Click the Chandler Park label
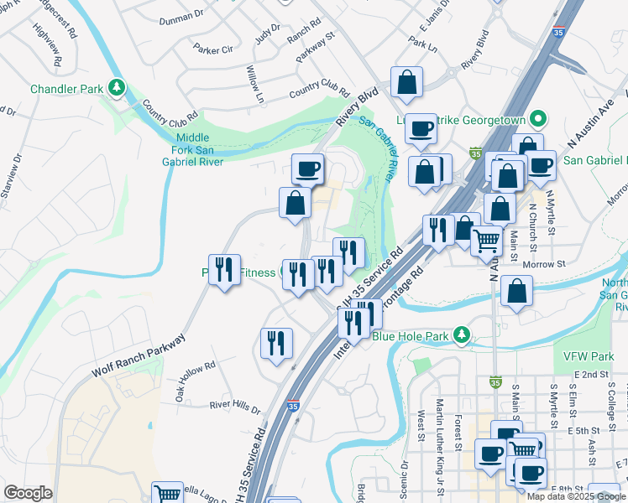tap(66, 88)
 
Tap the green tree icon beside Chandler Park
tap(118, 87)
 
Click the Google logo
tap(28, 493)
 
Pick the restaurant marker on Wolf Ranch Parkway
tap(224, 270)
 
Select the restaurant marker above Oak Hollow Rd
tap(275, 343)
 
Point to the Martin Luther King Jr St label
tap(440, 423)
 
